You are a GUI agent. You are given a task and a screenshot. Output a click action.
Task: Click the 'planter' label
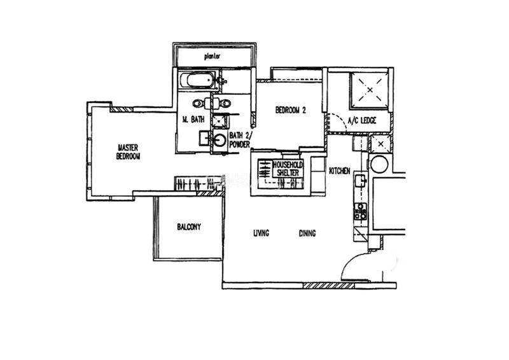click(213, 57)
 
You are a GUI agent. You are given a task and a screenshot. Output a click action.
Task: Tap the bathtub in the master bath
click(197, 80)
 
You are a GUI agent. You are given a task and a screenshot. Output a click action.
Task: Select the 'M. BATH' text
click(193, 120)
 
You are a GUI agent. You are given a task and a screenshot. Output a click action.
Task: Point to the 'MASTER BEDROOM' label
click(129, 152)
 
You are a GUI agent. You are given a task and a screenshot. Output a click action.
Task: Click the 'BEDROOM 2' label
click(291, 110)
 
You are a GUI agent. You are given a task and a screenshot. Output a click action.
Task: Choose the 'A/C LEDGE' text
click(362, 121)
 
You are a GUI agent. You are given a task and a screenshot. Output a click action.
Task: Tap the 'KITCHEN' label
click(340, 170)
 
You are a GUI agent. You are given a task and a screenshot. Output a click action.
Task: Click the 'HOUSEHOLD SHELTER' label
click(288, 169)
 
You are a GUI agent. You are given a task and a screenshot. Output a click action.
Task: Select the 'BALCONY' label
click(189, 226)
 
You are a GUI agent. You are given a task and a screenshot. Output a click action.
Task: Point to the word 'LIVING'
click(261, 233)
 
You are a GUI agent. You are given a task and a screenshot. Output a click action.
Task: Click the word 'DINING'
click(307, 233)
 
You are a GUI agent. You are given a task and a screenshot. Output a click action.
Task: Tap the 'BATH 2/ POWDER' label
click(241, 140)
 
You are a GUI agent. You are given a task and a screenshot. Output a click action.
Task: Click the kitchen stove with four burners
click(361, 211)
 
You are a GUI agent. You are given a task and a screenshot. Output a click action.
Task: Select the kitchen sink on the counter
click(360, 181)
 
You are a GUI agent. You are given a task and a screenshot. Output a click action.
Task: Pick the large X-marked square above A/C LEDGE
click(370, 90)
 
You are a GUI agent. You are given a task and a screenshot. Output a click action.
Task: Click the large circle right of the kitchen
click(379, 165)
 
